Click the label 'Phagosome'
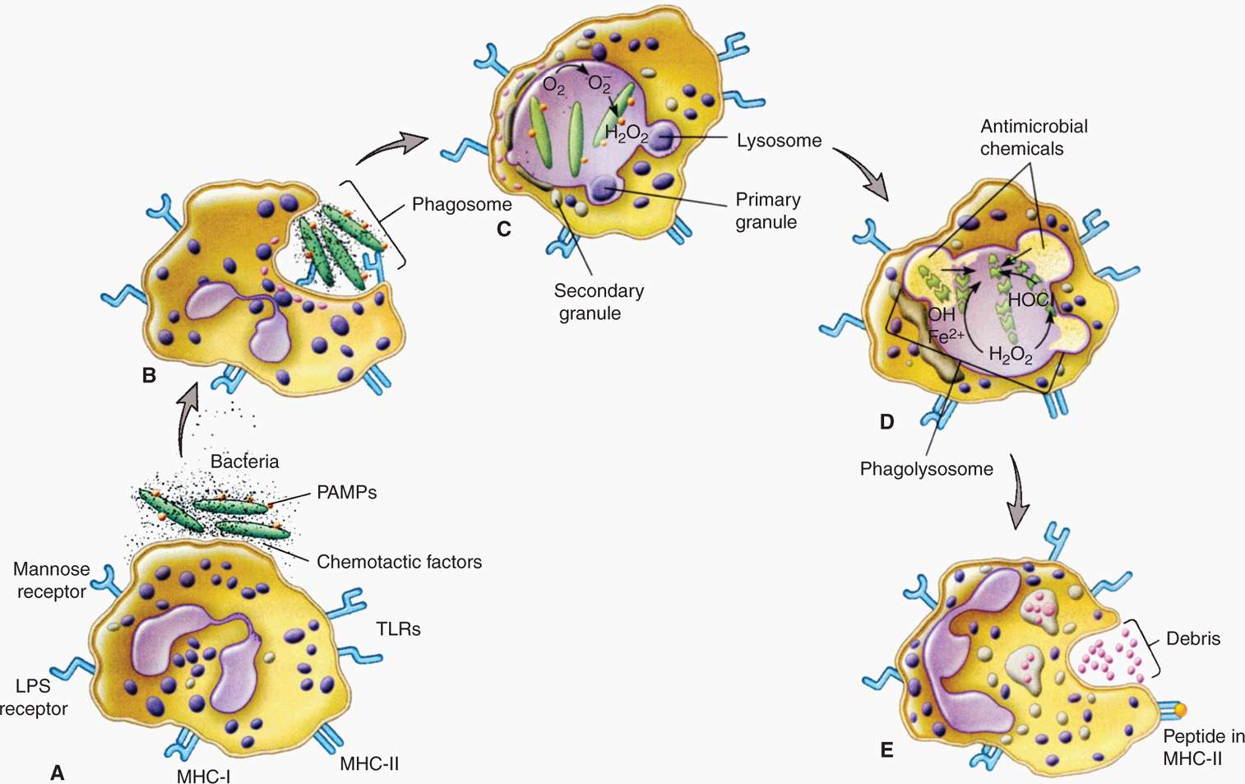point(461,204)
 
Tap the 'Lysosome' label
point(779,141)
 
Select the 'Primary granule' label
point(766,211)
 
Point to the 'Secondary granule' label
point(598,302)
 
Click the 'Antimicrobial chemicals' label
point(1033,137)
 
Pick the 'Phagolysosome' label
point(926,469)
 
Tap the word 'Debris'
point(1192,638)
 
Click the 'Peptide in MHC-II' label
point(1201,747)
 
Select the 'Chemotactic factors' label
point(399,562)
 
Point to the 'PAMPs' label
point(346,493)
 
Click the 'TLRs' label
point(398,629)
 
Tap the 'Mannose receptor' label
point(51,580)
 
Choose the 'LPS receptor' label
point(35,697)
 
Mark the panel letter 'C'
point(504,230)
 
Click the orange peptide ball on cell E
point(1180,709)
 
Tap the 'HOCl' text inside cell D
point(1030,300)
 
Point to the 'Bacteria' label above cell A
point(244,462)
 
